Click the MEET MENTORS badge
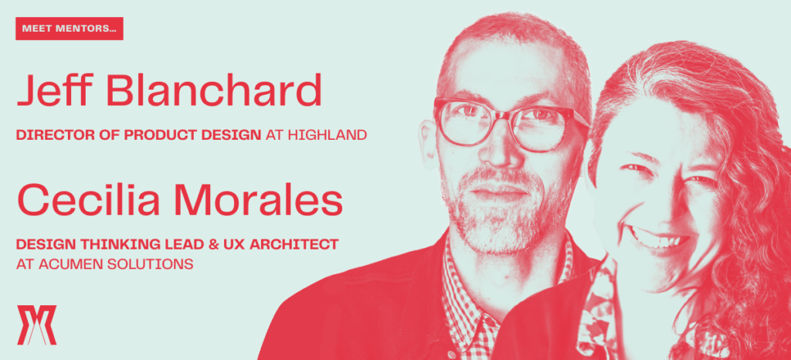(x=70, y=29)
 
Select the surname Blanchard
(x=213, y=90)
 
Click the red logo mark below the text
(x=37, y=324)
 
